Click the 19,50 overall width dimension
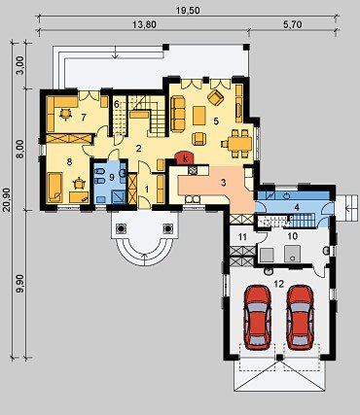[x=188, y=11]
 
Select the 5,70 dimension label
[x=293, y=24]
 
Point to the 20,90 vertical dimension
[x=6, y=198]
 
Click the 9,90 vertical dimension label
[x=20, y=285]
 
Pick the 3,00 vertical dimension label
[x=20, y=65]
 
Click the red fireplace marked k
[x=185, y=158]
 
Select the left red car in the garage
[x=258, y=317]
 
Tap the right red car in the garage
[x=300, y=317]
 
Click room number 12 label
[x=278, y=284]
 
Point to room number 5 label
[x=216, y=121]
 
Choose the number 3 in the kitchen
[x=223, y=183]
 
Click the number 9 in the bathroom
[x=112, y=177]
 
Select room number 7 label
[x=84, y=118]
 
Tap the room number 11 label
[x=242, y=237]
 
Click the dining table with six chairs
[x=237, y=144]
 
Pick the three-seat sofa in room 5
[x=177, y=114]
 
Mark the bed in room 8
[x=55, y=187]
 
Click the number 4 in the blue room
[x=297, y=207]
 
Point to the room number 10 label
[x=293, y=236]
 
